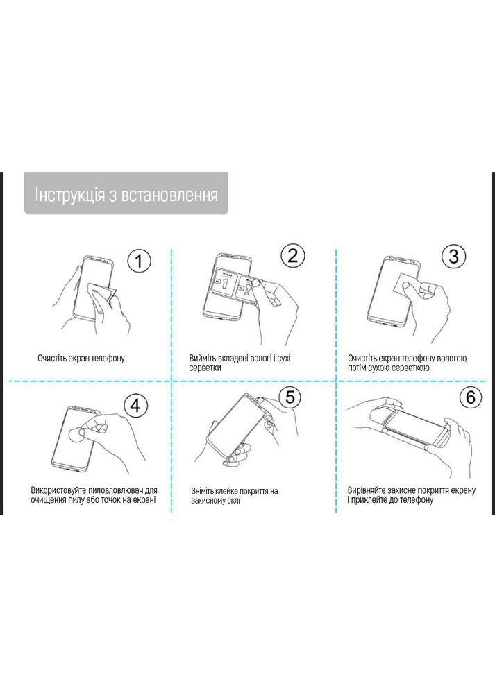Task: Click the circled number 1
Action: click(x=138, y=261)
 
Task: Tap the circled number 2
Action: click(x=292, y=255)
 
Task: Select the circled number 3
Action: click(x=453, y=256)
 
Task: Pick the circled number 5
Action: click(x=291, y=397)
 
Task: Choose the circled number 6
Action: click(x=470, y=397)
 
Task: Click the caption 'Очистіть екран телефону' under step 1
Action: click(x=81, y=359)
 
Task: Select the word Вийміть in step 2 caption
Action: click(x=203, y=359)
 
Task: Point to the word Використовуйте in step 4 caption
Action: click(x=62, y=490)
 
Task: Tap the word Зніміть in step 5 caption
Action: click(x=205, y=491)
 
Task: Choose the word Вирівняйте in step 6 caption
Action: click(x=370, y=490)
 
